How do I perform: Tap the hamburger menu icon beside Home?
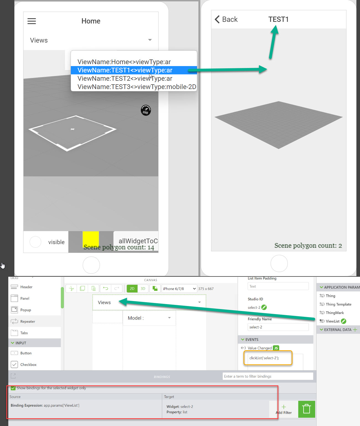tap(32, 21)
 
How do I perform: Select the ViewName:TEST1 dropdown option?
tap(125, 70)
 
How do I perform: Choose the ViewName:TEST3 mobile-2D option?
tap(137, 87)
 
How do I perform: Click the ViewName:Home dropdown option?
tap(124, 62)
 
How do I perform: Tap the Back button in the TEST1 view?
tap(226, 19)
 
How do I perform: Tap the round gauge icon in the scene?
tap(146, 110)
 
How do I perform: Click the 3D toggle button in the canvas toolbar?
tap(143, 289)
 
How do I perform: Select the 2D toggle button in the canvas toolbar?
tap(132, 289)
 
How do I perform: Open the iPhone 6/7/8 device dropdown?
tap(179, 289)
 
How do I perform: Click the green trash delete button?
tap(307, 409)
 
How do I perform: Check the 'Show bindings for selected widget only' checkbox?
tap(13, 388)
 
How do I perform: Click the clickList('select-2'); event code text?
tap(264, 358)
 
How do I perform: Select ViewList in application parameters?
tap(332, 321)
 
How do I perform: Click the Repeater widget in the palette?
tap(28, 322)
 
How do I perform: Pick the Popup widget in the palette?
tap(25, 310)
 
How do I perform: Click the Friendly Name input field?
tap(278, 327)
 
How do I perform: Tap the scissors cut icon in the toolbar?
tap(71, 289)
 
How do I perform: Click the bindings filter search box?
tap(268, 376)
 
